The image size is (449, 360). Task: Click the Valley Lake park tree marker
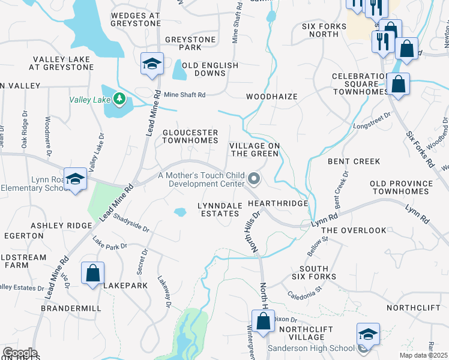tap(119, 98)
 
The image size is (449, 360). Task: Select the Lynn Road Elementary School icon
tap(76, 179)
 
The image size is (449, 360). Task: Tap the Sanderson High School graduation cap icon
tap(368, 335)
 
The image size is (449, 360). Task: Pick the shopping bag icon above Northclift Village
tap(263, 322)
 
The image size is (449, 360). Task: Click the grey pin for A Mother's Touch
tap(255, 179)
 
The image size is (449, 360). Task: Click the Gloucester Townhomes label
tap(190, 136)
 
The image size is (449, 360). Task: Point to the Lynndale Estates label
tap(221, 209)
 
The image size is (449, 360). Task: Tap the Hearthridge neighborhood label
tap(282, 204)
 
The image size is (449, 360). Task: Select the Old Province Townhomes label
tap(401, 187)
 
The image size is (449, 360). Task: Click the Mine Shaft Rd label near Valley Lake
tap(185, 95)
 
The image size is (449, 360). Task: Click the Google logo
tap(19, 353)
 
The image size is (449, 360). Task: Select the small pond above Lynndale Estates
tap(180, 212)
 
